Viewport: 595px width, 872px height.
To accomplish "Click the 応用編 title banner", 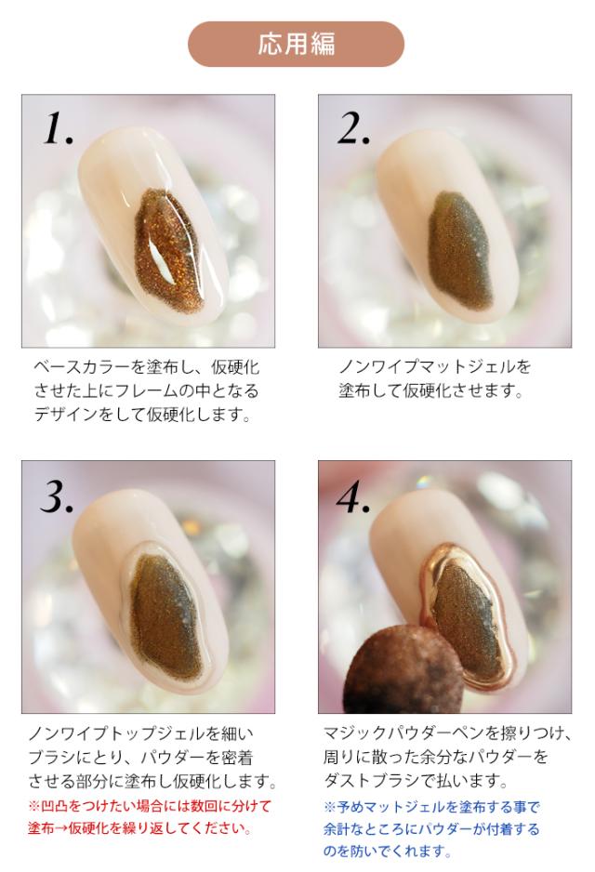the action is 296,44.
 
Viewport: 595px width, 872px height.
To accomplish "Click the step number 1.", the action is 58,128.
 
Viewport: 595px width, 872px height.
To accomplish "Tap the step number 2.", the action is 353,128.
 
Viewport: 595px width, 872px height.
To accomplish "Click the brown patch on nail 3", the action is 165,616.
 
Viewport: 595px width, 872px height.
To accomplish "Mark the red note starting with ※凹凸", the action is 149,816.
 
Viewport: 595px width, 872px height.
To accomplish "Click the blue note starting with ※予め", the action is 431,828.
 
